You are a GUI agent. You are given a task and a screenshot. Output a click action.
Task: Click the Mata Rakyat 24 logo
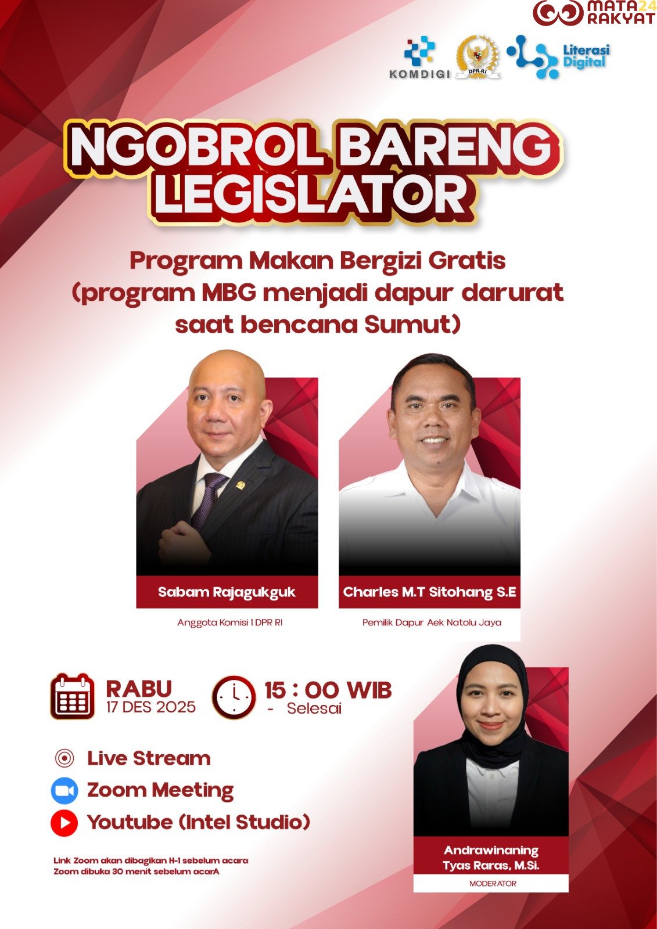tap(594, 12)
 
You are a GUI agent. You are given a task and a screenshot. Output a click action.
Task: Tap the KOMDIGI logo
tap(420, 57)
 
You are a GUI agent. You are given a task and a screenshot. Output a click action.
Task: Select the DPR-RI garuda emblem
tap(478, 57)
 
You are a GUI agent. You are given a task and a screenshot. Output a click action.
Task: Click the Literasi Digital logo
tap(558, 57)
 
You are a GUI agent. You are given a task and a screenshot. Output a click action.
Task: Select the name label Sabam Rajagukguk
tap(227, 592)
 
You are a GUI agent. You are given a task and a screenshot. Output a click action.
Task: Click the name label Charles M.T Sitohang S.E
tap(429, 592)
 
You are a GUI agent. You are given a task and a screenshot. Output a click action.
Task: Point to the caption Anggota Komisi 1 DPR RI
tap(230, 622)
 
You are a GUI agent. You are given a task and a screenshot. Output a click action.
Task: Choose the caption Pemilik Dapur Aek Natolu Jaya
tap(432, 622)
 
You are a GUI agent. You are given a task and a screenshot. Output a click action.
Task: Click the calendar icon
tap(72, 696)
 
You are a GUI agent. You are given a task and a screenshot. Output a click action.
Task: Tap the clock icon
tap(234, 697)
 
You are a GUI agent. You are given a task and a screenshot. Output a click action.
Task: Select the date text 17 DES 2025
tap(150, 707)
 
